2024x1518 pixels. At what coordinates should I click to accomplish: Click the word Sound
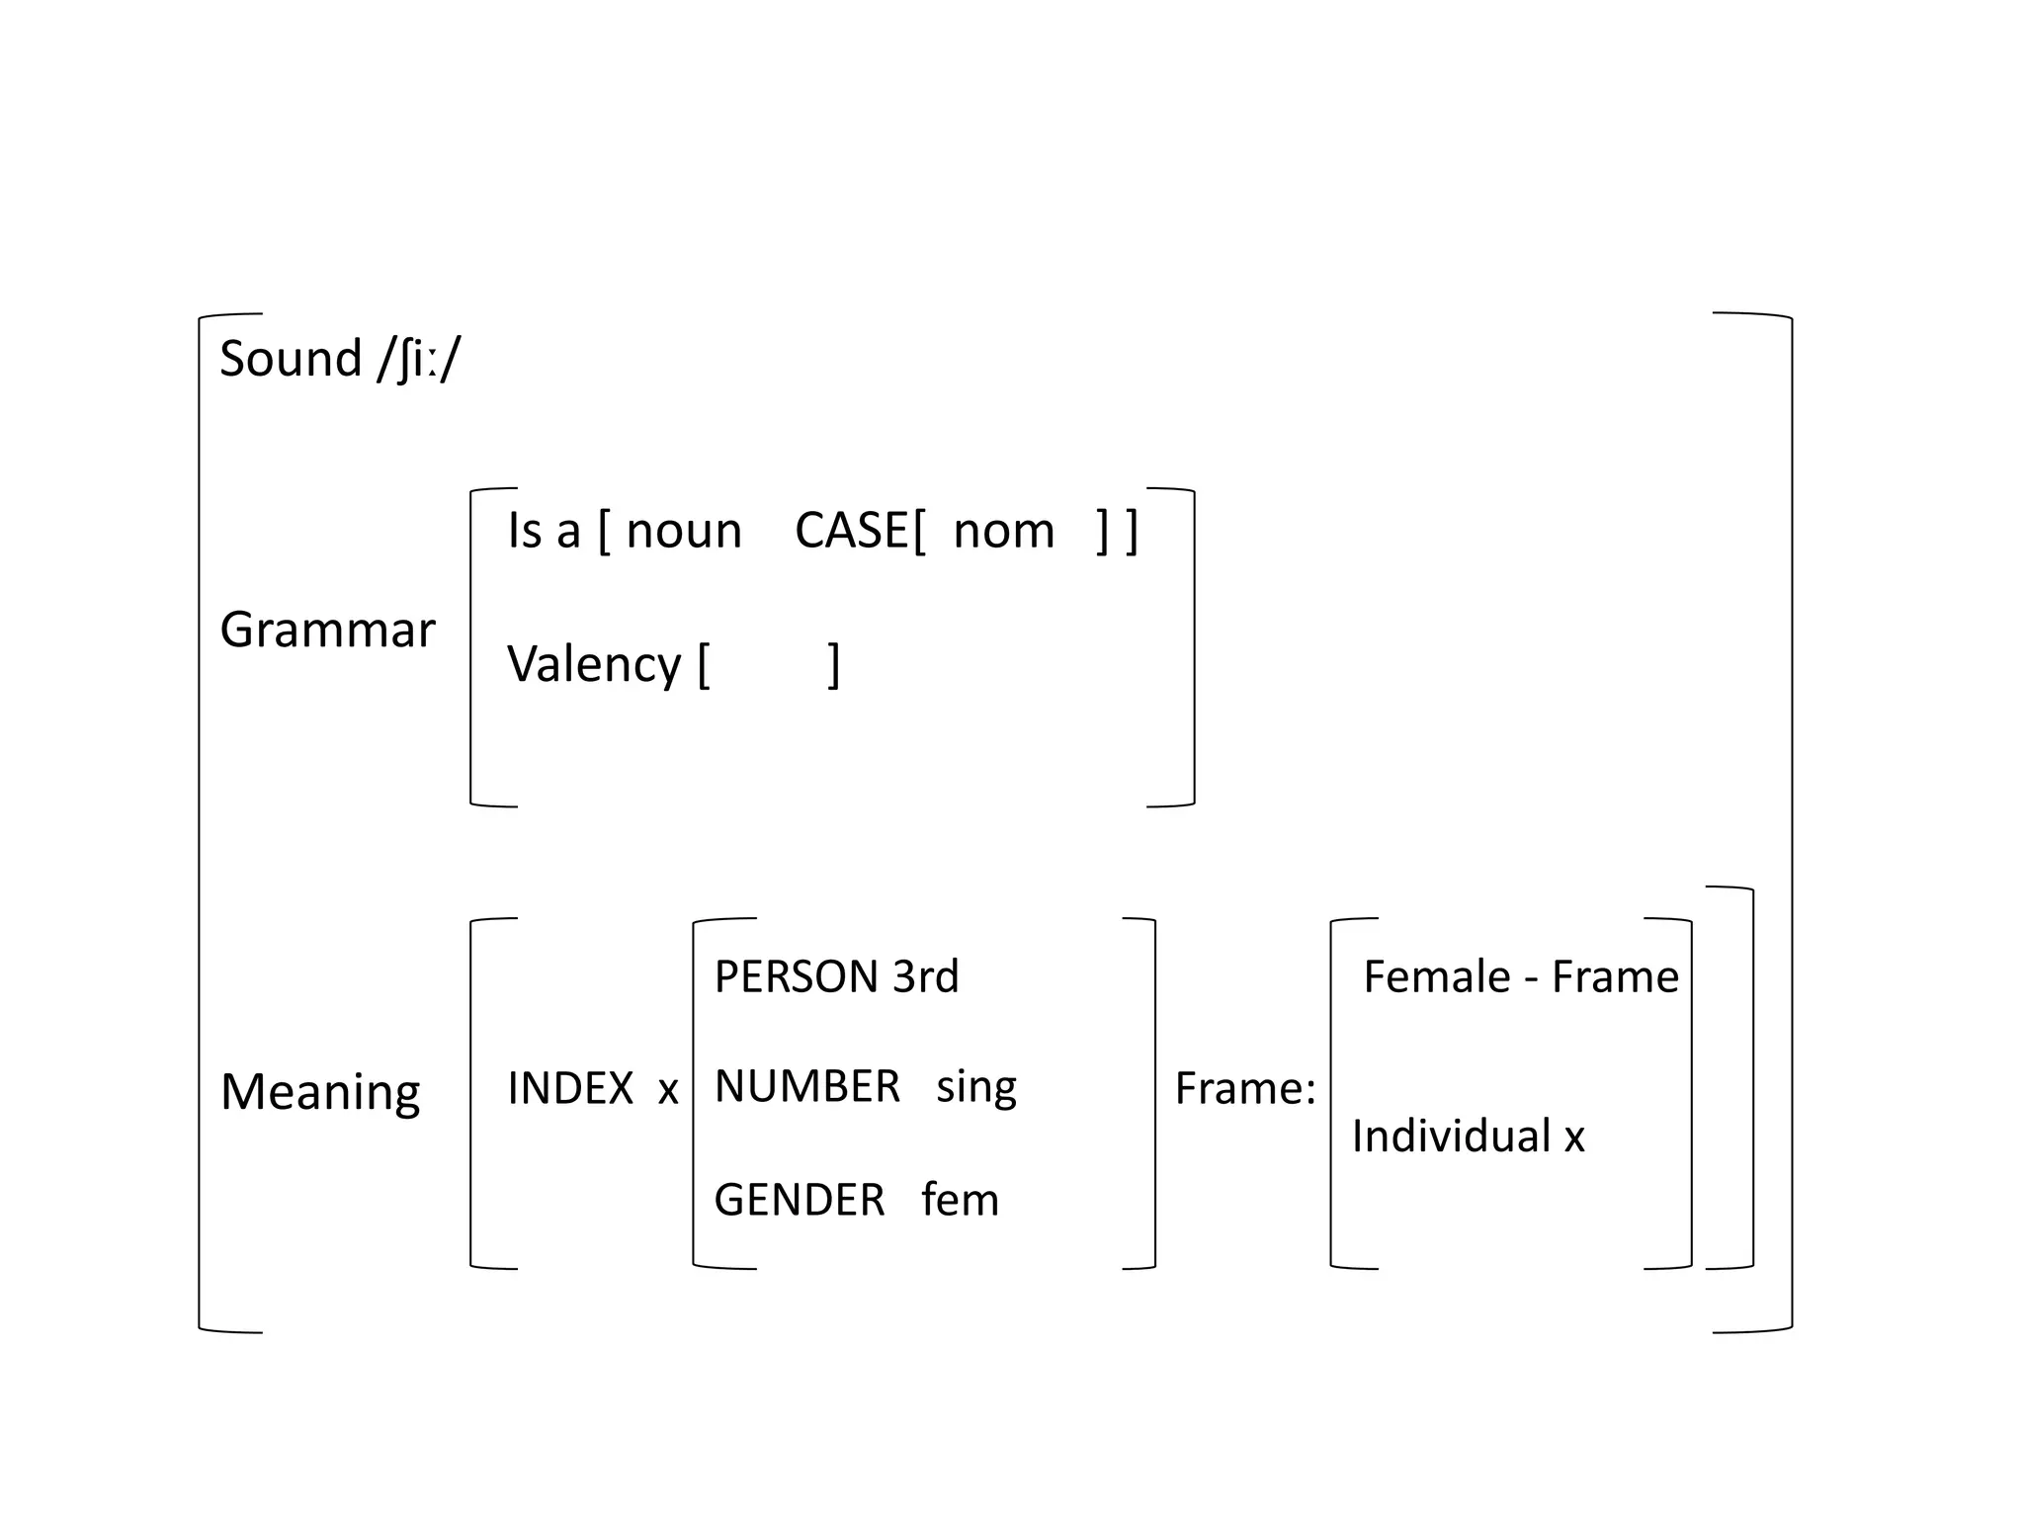(x=291, y=358)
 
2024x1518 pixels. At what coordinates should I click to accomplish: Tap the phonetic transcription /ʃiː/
(x=419, y=360)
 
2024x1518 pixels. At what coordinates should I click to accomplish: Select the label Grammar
(x=327, y=630)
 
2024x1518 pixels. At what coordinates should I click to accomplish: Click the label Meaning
(x=320, y=1092)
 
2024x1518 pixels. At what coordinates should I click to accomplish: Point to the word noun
(x=684, y=532)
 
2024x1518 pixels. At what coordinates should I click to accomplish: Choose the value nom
(x=1004, y=532)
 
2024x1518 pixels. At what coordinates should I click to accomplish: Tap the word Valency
(x=594, y=664)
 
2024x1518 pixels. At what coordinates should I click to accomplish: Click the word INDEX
(x=570, y=1089)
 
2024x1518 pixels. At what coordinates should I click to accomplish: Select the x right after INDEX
(x=668, y=1091)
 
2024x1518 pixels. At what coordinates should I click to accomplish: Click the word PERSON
(x=796, y=977)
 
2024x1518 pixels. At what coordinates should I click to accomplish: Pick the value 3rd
(x=926, y=977)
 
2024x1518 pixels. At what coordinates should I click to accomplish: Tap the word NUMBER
(x=807, y=1087)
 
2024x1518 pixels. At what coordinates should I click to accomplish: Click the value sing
(x=976, y=1088)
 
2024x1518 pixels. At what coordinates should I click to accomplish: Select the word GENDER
(x=800, y=1201)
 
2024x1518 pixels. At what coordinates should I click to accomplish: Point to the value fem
(x=960, y=1201)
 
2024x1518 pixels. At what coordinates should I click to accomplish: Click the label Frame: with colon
(x=1245, y=1089)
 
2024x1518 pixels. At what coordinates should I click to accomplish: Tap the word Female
(x=1437, y=977)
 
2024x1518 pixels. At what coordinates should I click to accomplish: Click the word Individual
(x=1451, y=1137)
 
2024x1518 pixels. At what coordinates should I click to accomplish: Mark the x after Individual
(x=1574, y=1138)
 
